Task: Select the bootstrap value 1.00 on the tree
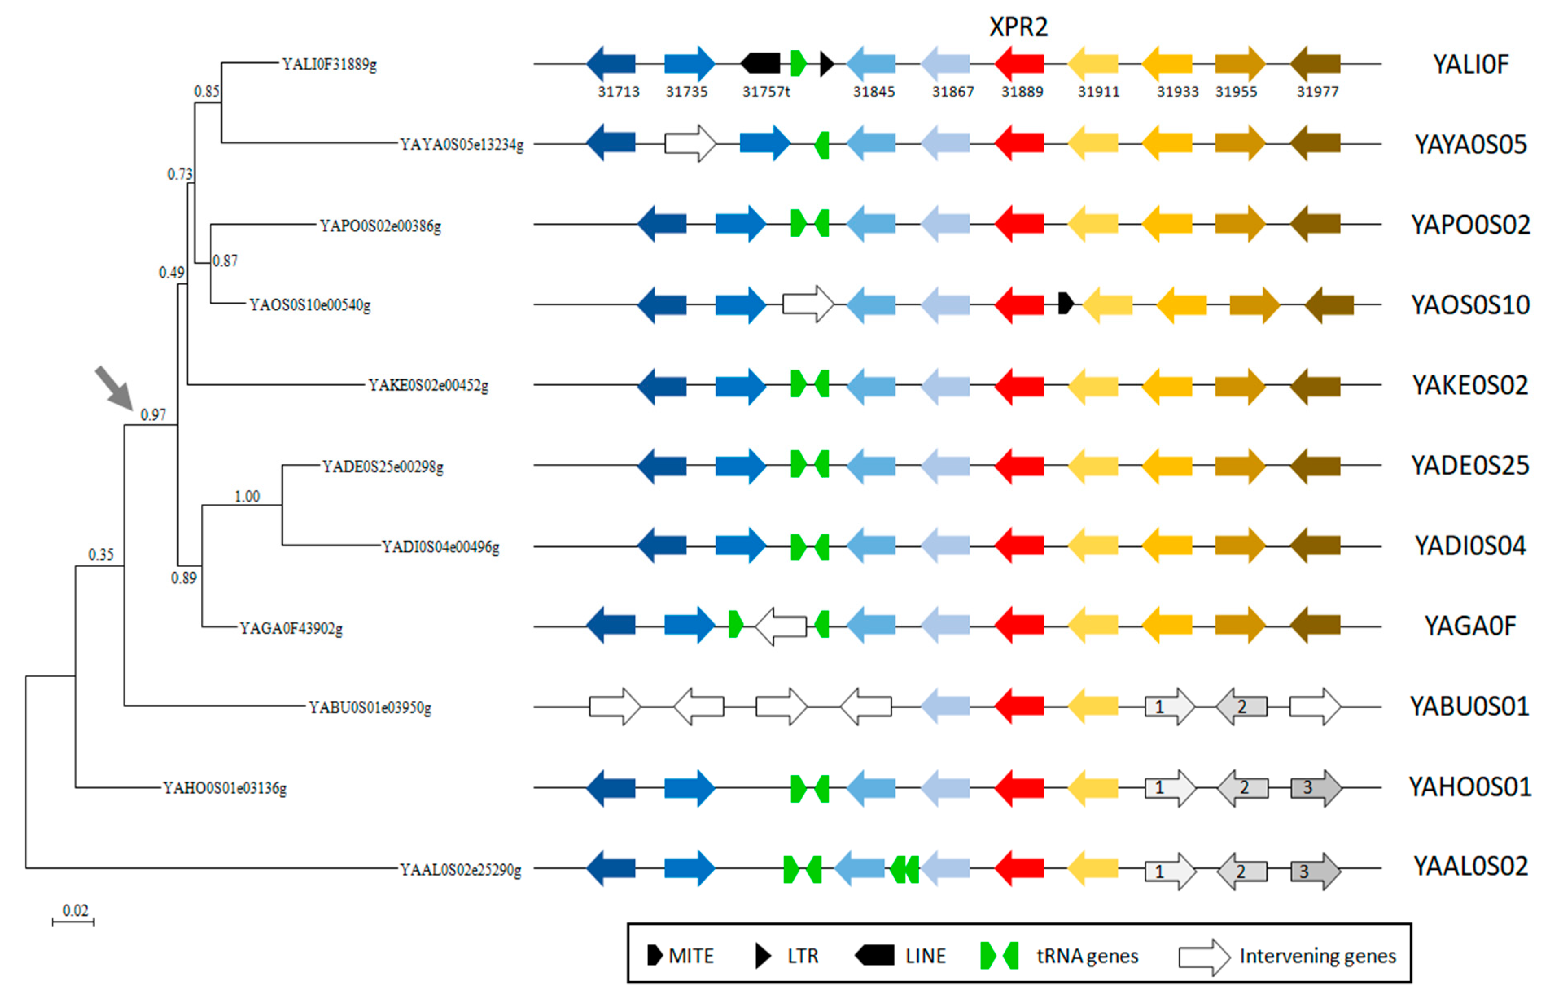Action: tap(247, 497)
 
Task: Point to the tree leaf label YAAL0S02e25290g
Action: tap(460, 869)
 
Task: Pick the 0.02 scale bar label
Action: tap(75, 910)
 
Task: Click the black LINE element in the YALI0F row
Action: tap(760, 63)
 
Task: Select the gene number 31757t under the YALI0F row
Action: tap(766, 92)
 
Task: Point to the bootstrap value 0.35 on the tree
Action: tap(101, 554)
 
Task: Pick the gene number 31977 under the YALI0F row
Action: tap(1317, 92)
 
